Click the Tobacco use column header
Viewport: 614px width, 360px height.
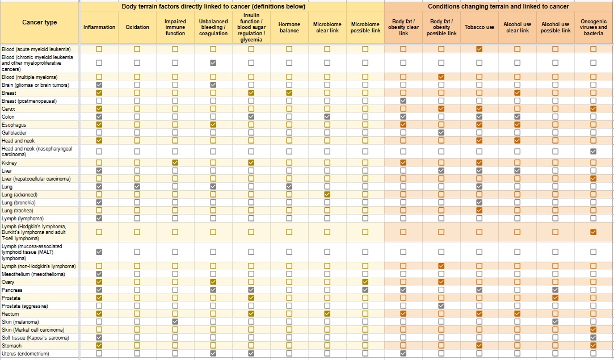point(480,27)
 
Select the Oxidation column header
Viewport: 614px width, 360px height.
point(137,27)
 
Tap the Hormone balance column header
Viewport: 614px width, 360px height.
point(289,27)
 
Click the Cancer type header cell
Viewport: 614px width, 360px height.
point(40,22)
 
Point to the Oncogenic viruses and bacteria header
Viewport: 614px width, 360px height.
point(593,27)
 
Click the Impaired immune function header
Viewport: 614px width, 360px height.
point(175,27)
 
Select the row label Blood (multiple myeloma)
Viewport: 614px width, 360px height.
point(30,77)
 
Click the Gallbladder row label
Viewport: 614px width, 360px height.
point(14,133)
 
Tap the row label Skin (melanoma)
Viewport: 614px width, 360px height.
point(20,322)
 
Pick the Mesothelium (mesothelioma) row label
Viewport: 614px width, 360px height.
point(33,274)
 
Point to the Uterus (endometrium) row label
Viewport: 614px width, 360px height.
point(26,354)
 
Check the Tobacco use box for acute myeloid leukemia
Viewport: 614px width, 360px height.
point(480,49)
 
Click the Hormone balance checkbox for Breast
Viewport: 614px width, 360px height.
point(289,93)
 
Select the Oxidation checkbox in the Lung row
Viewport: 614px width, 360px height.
point(137,186)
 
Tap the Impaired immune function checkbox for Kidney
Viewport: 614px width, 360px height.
point(175,162)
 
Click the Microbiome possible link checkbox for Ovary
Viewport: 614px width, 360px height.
point(365,282)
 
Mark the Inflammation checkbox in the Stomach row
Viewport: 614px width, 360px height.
point(99,345)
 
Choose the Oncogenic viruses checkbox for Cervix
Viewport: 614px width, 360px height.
point(593,108)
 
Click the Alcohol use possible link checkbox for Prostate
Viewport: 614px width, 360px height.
point(555,298)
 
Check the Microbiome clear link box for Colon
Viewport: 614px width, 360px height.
point(327,116)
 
